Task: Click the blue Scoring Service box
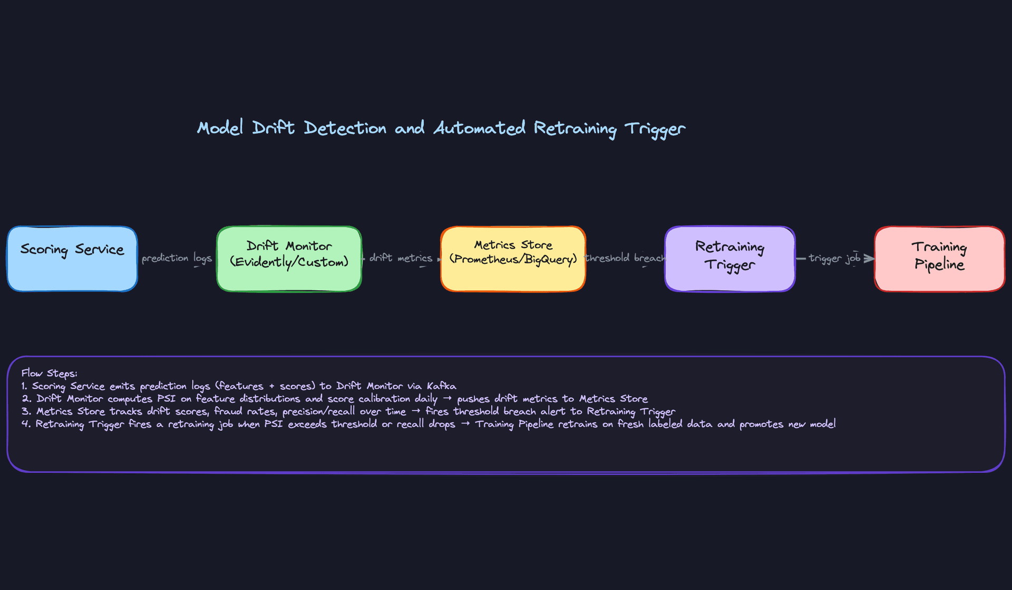72,259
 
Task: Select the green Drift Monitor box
289,259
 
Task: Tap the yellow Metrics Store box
513,259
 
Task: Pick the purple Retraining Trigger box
729,259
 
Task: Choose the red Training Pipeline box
939,259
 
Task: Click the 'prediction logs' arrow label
177,258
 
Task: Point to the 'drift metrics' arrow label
401,258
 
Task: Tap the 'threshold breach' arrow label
625,258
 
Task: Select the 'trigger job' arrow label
834,258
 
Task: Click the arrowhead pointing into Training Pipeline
870,258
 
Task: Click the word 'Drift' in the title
273,128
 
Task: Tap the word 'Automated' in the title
479,128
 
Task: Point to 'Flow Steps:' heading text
49,373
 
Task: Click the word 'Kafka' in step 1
441,386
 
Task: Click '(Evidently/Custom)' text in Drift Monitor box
289,262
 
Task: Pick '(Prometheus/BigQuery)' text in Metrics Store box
513,260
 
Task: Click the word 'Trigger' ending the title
655,129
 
